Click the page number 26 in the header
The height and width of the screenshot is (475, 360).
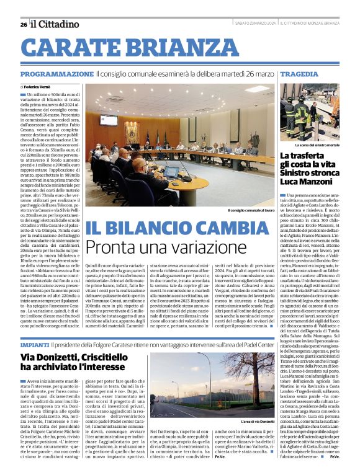(23, 24)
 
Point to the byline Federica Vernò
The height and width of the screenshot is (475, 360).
(40, 87)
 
